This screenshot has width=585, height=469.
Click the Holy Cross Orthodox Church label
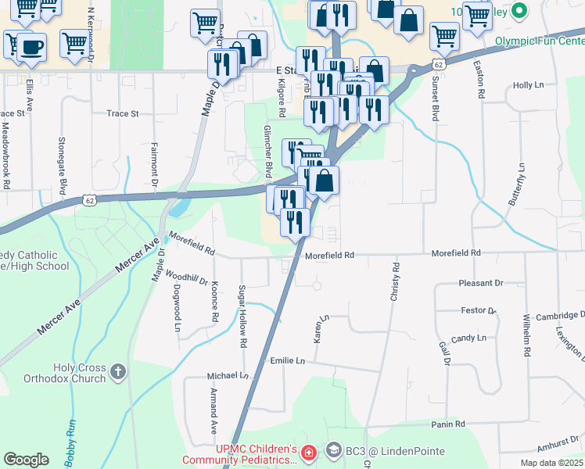pos(79,373)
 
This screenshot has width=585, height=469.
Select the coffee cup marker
pos(31,47)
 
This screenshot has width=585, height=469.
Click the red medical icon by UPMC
pos(309,453)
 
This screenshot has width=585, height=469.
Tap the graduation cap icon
pos(334,450)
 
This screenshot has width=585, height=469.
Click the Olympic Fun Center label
pos(539,40)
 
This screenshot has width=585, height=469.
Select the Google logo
pos(26,460)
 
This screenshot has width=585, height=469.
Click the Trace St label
pos(122,113)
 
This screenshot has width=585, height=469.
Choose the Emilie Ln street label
pos(286,361)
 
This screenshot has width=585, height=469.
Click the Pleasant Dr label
pos(481,283)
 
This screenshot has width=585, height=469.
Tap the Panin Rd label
pos(448,424)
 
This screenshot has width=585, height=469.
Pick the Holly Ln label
pos(527,85)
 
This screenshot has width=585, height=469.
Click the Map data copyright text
pos(551,463)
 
